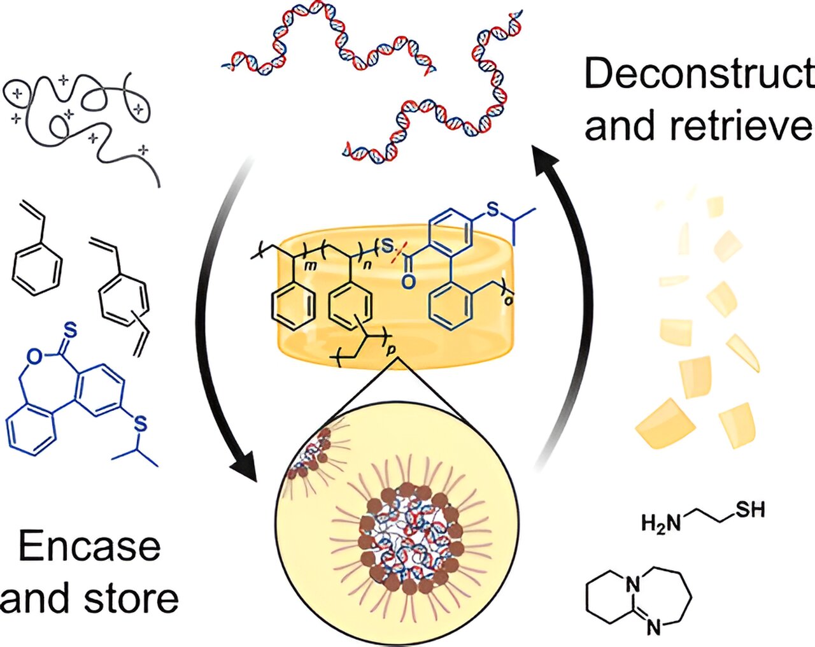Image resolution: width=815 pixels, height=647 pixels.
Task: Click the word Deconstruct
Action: point(698,75)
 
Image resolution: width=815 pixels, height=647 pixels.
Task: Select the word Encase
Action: point(89,546)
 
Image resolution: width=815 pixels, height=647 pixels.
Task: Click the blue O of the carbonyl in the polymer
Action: point(409,281)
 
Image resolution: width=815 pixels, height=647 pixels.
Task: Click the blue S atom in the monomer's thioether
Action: point(141,423)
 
